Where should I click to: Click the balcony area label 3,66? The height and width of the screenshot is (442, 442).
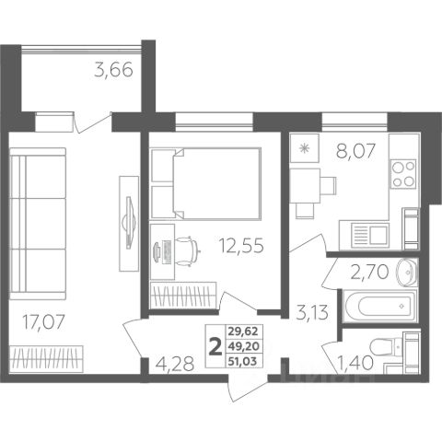pos(113,70)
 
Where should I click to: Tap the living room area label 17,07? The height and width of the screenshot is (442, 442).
pos(44,322)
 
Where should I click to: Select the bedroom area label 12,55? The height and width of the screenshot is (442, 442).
pos(241,246)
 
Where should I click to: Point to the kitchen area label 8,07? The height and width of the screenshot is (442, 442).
pos(355,151)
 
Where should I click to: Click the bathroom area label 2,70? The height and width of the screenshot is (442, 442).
pos(369,272)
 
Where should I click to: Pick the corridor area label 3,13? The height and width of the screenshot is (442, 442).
pos(312,313)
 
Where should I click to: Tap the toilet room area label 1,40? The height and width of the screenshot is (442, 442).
pos(355,363)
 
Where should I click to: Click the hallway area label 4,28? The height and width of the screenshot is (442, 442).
pos(175,364)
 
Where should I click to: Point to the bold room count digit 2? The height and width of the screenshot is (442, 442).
pos(215,346)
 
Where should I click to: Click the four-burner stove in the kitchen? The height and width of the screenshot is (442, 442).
pos(403,174)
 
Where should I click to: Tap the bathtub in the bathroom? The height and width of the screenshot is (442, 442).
pos(380,305)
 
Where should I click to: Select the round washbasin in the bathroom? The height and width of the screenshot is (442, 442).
pos(407,273)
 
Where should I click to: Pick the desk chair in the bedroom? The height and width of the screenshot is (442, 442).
pos(187,250)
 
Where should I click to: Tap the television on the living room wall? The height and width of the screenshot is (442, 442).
pos(129,222)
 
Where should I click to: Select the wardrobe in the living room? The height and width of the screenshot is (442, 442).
pos(46,359)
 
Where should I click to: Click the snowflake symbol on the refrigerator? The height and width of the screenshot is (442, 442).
pos(305,148)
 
